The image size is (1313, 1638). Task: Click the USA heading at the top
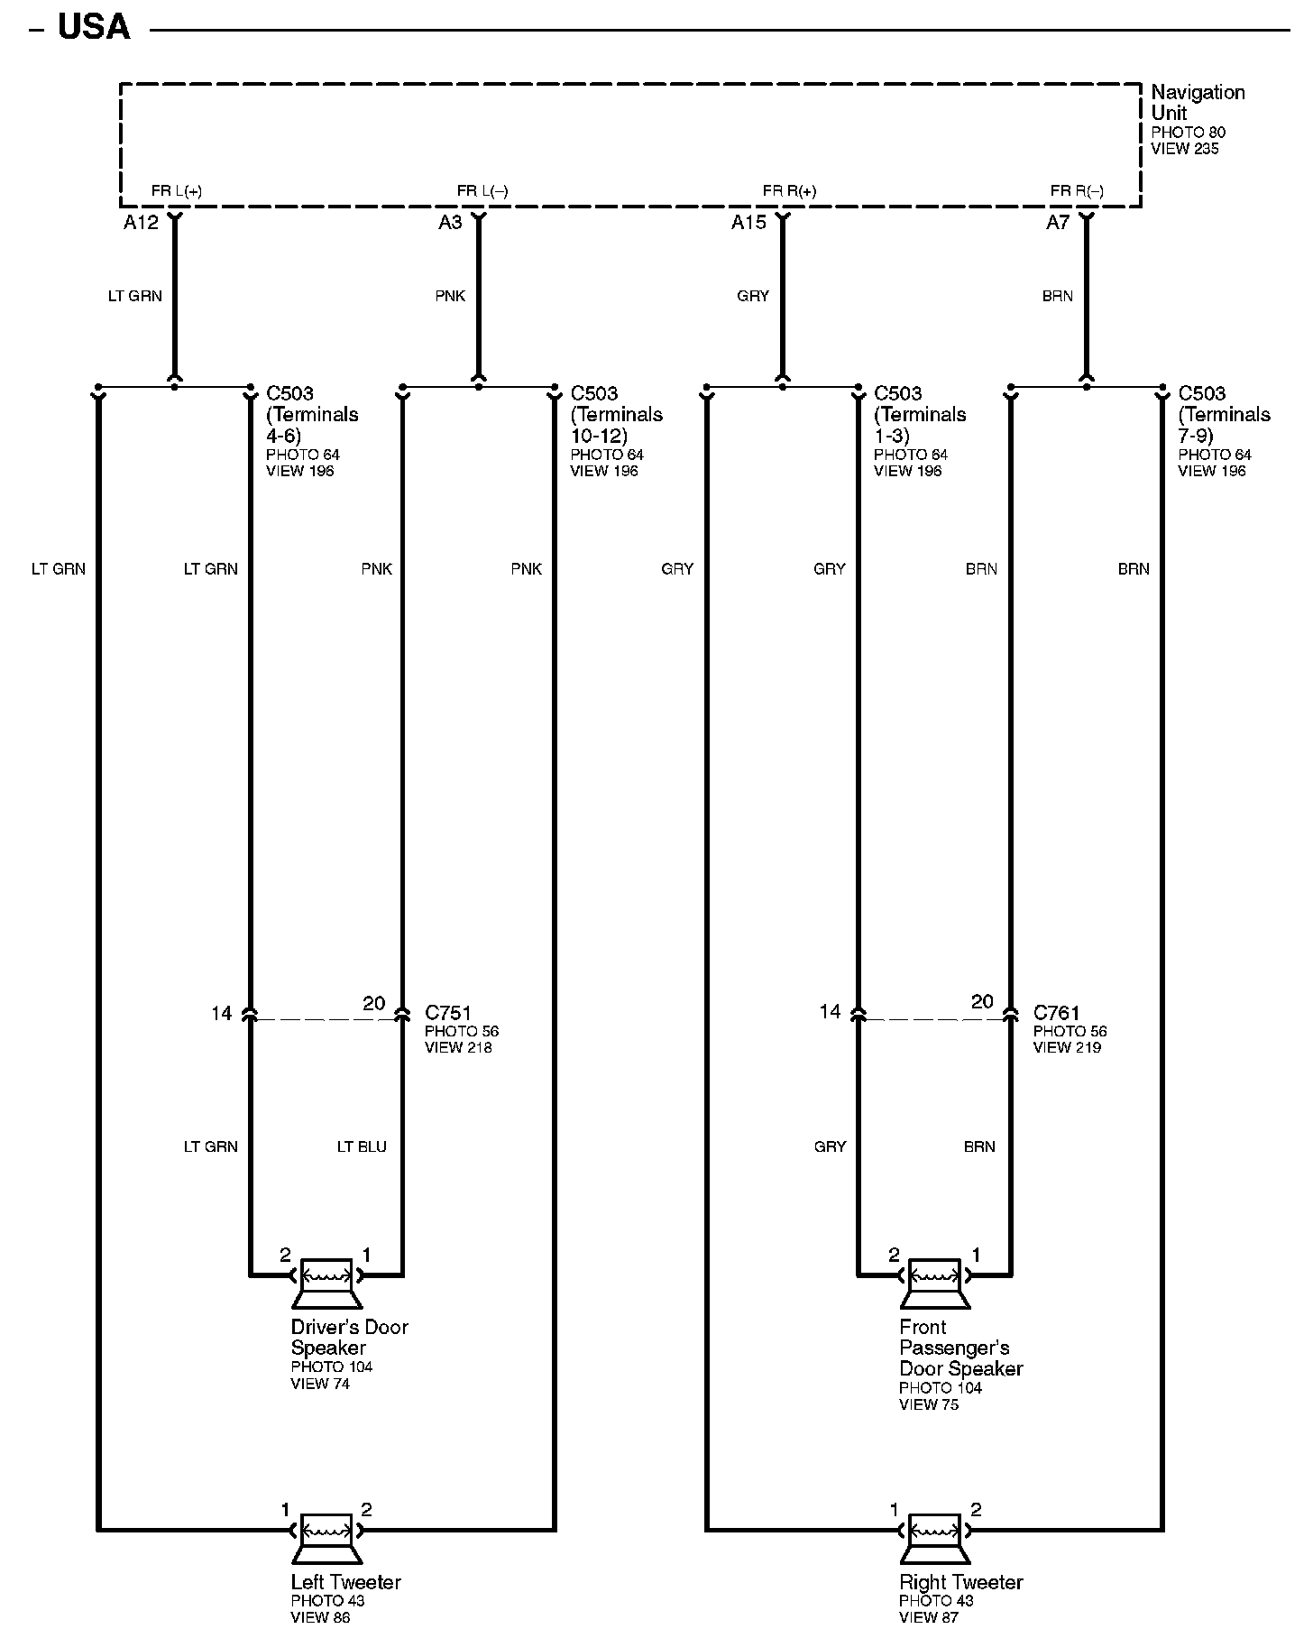94,27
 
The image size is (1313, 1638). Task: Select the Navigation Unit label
1198,103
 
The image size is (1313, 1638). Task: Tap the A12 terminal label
141,223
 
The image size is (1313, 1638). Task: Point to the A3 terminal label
450,223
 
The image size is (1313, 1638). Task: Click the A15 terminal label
748,223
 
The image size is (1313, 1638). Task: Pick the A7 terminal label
1057,223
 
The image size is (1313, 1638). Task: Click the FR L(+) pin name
177,191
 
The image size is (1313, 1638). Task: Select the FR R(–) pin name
1077,191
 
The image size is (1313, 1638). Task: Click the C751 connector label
448,1013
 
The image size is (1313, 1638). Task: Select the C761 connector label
1057,1013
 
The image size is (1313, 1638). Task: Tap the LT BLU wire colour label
362,1146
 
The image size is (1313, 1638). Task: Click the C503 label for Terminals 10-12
594,393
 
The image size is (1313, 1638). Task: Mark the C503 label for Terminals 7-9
1202,393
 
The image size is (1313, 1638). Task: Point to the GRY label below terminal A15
753,296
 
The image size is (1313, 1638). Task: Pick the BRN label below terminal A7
1057,296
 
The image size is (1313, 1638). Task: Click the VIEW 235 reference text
1184,149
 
